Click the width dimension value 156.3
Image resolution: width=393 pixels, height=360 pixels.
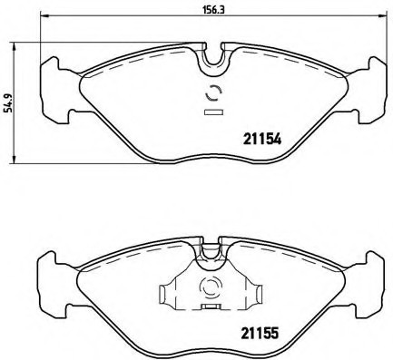[x=213, y=10]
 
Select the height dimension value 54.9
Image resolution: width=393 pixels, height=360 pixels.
[x=8, y=106]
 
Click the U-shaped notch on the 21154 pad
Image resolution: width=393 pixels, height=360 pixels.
[x=214, y=60]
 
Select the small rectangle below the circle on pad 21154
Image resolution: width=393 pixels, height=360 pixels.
[x=214, y=112]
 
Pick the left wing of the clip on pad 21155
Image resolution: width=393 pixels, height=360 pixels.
[x=170, y=295]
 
